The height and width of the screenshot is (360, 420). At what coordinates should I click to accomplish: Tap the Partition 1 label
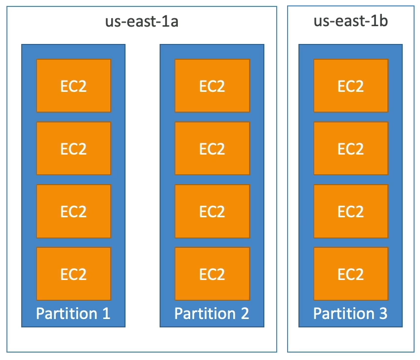[x=73, y=313]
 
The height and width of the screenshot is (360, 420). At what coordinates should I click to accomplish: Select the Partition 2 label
[x=212, y=313]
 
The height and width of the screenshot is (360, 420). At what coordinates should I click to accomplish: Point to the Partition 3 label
[x=350, y=313]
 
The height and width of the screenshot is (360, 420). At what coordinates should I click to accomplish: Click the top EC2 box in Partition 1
[x=74, y=85]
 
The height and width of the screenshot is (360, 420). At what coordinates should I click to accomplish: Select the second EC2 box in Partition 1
[x=74, y=148]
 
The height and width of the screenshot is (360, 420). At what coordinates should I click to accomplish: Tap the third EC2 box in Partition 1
[x=74, y=211]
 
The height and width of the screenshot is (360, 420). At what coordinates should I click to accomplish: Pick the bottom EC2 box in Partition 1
[x=74, y=274]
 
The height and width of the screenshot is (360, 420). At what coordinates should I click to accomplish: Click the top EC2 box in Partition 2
[x=212, y=85]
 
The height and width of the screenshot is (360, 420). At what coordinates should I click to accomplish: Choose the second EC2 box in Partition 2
[x=212, y=148]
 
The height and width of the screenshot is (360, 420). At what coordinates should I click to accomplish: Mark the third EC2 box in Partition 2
[x=212, y=211]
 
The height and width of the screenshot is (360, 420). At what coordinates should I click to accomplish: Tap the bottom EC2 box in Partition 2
[x=212, y=274]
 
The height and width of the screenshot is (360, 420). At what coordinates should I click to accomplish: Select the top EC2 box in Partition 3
[x=351, y=85]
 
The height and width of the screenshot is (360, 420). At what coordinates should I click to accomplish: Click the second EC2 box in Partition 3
[x=351, y=148]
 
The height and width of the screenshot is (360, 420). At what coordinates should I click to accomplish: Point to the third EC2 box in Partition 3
[x=351, y=211]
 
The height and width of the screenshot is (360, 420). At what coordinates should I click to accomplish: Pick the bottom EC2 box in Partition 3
[x=351, y=274]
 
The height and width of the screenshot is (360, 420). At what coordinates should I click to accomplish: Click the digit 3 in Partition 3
[x=382, y=313]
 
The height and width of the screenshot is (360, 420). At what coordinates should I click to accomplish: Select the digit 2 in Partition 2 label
[x=244, y=313]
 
